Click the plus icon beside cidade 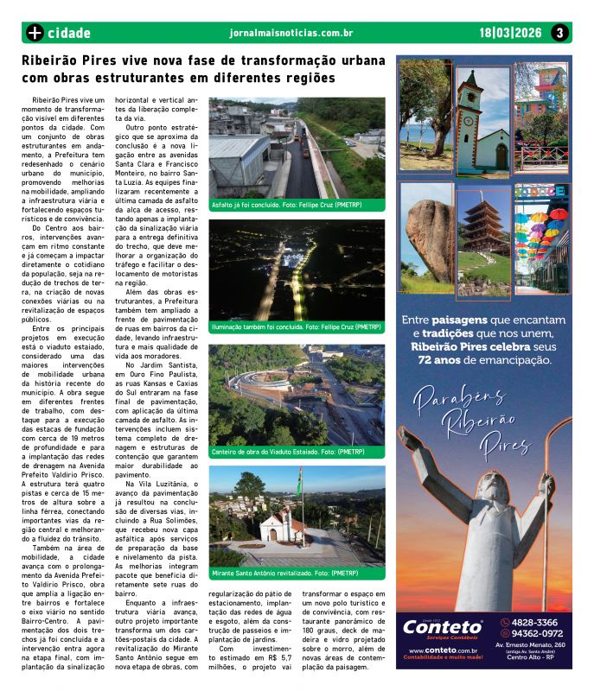coord(35,33)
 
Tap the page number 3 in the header coord(560,33)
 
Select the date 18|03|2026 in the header coord(510,33)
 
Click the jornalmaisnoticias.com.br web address coord(291,33)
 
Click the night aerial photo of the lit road coord(296,269)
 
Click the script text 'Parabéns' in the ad coord(444,398)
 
